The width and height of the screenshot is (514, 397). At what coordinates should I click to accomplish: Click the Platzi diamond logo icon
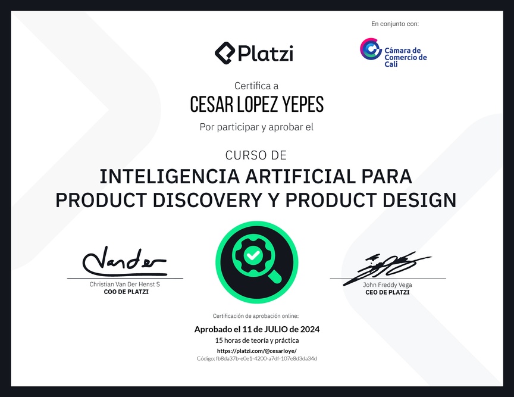point(225,53)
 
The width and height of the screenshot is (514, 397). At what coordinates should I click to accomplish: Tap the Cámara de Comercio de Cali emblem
point(371,49)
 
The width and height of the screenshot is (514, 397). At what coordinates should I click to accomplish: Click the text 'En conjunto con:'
point(395,24)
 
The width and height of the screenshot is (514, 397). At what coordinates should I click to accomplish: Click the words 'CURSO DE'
point(256,155)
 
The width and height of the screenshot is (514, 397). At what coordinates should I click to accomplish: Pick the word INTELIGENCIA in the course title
point(170,176)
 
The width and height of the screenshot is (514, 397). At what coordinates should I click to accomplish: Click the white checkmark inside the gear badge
point(253,255)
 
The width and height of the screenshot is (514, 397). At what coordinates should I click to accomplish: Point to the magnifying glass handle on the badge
point(274,276)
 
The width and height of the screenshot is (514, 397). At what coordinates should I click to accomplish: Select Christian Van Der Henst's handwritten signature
point(124,261)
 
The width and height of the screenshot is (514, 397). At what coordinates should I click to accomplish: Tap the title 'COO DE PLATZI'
point(126,292)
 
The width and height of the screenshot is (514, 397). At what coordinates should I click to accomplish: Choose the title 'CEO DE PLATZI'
point(387,292)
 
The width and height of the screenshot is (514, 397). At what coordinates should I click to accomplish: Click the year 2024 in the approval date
point(310,329)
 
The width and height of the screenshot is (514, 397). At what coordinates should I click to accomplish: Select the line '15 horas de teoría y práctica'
point(257,340)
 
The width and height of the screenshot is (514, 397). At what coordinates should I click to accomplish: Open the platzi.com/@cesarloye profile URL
point(257,351)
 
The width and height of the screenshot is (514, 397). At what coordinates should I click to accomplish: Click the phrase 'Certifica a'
point(256,86)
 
